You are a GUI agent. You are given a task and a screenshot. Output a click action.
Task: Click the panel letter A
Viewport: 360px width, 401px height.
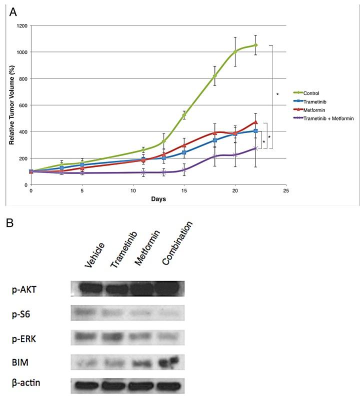point(14,11)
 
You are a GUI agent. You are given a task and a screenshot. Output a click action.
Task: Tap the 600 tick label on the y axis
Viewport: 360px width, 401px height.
point(23,105)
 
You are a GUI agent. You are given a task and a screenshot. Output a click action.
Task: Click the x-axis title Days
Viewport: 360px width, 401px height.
point(158,199)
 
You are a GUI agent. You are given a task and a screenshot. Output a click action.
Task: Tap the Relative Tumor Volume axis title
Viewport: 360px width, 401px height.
point(11,104)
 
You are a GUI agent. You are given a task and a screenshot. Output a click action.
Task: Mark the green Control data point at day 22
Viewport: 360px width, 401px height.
point(255,45)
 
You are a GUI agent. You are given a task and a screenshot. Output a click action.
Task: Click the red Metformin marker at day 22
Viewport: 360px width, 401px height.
point(255,122)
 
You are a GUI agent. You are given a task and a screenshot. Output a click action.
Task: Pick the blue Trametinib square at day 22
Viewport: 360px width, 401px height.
point(255,131)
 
